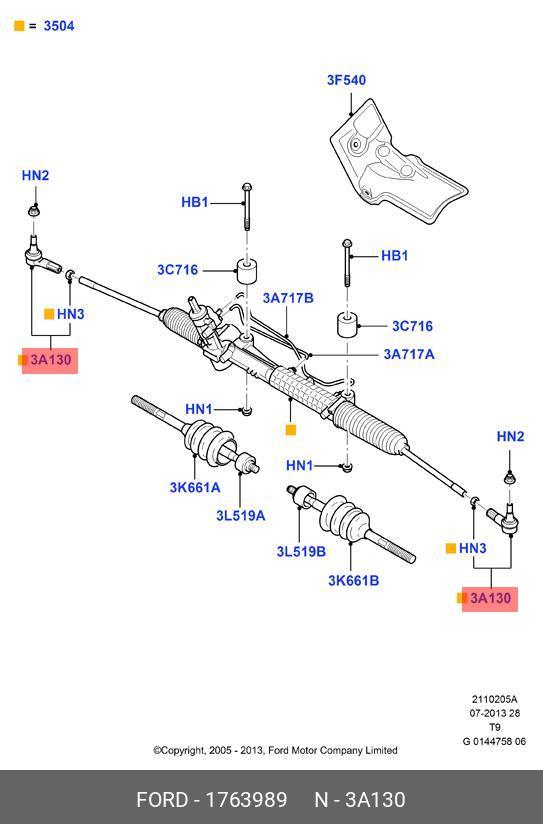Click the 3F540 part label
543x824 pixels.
(x=346, y=80)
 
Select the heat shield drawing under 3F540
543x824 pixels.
(x=398, y=160)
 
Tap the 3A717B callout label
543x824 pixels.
(x=288, y=298)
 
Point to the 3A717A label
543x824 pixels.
(x=409, y=354)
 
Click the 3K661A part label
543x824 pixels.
(x=195, y=488)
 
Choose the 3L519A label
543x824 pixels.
(x=241, y=516)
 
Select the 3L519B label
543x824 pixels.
(x=301, y=551)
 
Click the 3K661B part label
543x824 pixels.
(x=354, y=581)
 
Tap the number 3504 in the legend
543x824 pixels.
(x=59, y=26)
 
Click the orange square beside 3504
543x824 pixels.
(x=19, y=26)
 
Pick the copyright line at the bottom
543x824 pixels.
(x=275, y=750)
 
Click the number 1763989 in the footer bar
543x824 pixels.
(x=246, y=800)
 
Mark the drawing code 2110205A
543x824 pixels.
(x=494, y=699)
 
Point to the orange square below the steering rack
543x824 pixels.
(x=291, y=430)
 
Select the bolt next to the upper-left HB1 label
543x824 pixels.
(x=247, y=207)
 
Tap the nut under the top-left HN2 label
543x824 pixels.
(x=34, y=211)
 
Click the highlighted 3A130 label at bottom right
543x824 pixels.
(x=490, y=599)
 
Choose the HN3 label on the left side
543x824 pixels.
(x=70, y=314)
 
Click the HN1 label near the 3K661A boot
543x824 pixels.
(x=199, y=409)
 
